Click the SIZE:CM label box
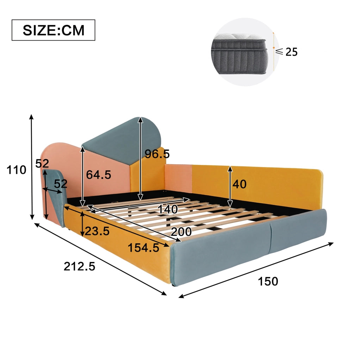[x=54, y=30]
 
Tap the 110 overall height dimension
[x=16, y=170]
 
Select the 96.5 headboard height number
[x=157, y=154]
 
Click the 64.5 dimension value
[x=98, y=175]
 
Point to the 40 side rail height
[x=240, y=184]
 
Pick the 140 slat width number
[x=168, y=209]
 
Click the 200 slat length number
[x=181, y=232]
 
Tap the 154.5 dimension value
[x=143, y=248]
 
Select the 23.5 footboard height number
[x=97, y=231]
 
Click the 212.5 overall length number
[x=79, y=267]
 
